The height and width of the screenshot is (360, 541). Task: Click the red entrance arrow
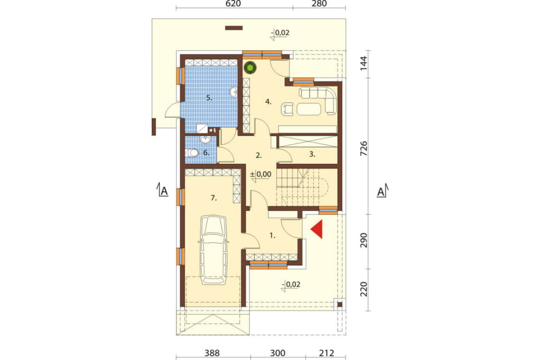pyautogui.click(x=318, y=229)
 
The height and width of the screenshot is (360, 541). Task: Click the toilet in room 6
pyautogui.click(x=191, y=153)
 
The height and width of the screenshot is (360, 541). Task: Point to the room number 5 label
pyautogui.click(x=209, y=98)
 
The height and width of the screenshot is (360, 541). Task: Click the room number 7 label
pyautogui.click(x=213, y=198)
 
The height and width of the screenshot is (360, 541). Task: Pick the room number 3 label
pyautogui.click(x=312, y=155)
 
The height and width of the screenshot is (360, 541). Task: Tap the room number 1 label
pyautogui.click(x=272, y=236)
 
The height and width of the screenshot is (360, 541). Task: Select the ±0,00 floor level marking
pyautogui.click(x=261, y=175)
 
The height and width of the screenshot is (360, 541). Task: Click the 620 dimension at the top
pyautogui.click(x=234, y=4)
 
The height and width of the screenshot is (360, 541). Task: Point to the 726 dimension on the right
pyautogui.click(x=363, y=149)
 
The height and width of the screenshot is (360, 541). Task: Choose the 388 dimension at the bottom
pyautogui.click(x=212, y=353)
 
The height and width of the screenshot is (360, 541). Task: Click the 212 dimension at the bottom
pyautogui.click(x=327, y=353)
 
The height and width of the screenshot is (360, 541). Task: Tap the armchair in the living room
pyautogui.click(x=288, y=109)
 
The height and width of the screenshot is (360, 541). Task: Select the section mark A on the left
pyautogui.click(x=163, y=190)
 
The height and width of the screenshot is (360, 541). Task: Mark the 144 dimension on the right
pyautogui.click(x=363, y=64)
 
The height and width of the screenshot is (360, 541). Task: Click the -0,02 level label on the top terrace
pyautogui.click(x=280, y=33)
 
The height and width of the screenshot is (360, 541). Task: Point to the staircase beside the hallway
pyautogui.click(x=303, y=188)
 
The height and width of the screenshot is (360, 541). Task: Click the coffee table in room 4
pyautogui.click(x=309, y=109)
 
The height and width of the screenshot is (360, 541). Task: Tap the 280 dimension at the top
pyautogui.click(x=319, y=4)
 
